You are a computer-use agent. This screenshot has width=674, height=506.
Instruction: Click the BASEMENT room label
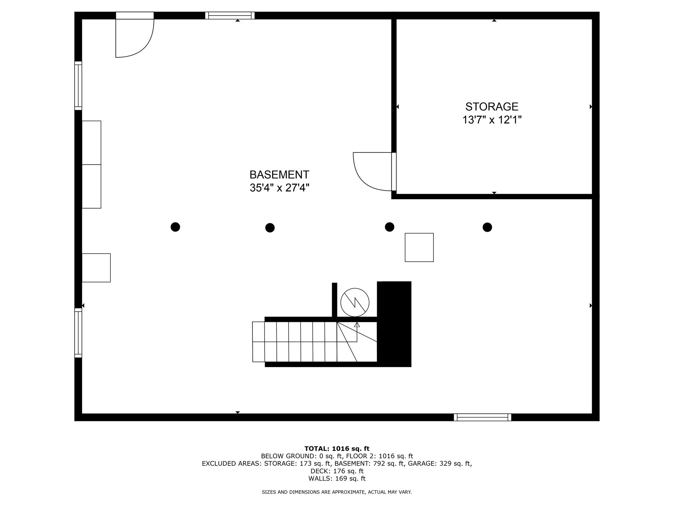[x=279, y=174]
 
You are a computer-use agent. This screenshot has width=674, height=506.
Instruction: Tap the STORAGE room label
[x=492, y=106]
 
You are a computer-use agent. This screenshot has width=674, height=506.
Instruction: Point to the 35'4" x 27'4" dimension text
[x=279, y=188]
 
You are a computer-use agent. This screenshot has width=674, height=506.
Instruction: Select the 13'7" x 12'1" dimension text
[x=492, y=120]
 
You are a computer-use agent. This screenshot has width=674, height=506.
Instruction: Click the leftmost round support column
[x=175, y=227]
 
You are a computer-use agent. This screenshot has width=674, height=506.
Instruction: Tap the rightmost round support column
[x=487, y=227]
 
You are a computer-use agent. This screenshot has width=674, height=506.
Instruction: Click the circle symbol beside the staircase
[x=355, y=302]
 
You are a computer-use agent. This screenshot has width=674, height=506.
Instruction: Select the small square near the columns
[x=419, y=247]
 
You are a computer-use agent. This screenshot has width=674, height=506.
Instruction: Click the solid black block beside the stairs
[x=394, y=324]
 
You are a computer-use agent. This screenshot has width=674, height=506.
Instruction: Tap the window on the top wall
[x=230, y=15]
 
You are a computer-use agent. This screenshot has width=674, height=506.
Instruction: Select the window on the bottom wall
[x=482, y=417]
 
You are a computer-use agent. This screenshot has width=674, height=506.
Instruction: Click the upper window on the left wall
[x=78, y=86]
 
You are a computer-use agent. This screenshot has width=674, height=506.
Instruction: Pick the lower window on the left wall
[x=78, y=333]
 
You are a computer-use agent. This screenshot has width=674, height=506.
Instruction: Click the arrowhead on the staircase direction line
[x=357, y=325]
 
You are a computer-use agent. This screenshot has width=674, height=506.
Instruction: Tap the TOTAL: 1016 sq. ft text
[x=337, y=448]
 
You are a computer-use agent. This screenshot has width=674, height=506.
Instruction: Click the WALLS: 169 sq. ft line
[x=337, y=479]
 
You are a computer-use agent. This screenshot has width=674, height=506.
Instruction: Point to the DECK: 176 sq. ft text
[x=337, y=471]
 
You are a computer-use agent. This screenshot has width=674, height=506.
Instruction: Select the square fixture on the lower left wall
[x=96, y=267]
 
